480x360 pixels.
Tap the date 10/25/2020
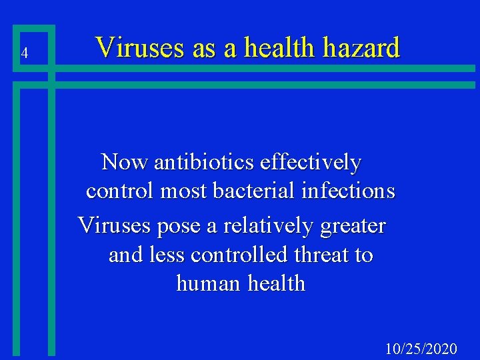[x=421, y=349]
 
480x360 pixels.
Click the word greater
[x=353, y=227]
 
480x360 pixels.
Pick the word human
[x=209, y=284]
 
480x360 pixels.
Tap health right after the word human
[x=276, y=284]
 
